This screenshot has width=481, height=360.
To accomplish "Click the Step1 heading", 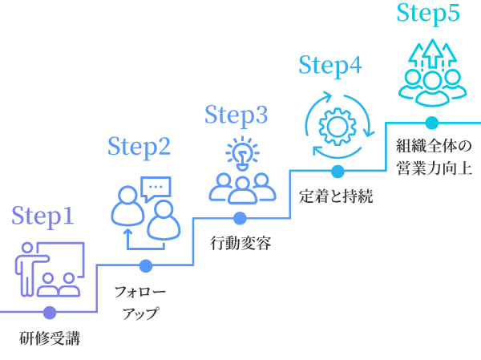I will point(42,216).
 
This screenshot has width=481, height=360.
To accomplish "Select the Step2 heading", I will point(139,147).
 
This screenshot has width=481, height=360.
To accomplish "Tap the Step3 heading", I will point(236,115).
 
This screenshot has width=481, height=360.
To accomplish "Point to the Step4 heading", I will point(330,66).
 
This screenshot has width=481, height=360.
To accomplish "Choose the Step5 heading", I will point(428,14).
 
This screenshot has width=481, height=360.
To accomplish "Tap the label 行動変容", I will point(240,242).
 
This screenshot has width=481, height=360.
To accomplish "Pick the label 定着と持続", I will point(336,196).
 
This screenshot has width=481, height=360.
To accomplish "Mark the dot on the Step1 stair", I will point(50,313).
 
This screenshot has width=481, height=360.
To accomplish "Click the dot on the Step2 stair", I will point(145,265).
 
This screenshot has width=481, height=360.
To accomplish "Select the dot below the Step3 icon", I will point(240,218).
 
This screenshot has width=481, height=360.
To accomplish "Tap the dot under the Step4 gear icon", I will point(338,171).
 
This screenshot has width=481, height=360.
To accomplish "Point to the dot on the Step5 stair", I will point(432,123).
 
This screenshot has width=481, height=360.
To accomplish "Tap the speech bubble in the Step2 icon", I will point(156,188).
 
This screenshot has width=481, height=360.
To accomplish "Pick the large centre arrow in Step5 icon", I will point(433,53).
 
